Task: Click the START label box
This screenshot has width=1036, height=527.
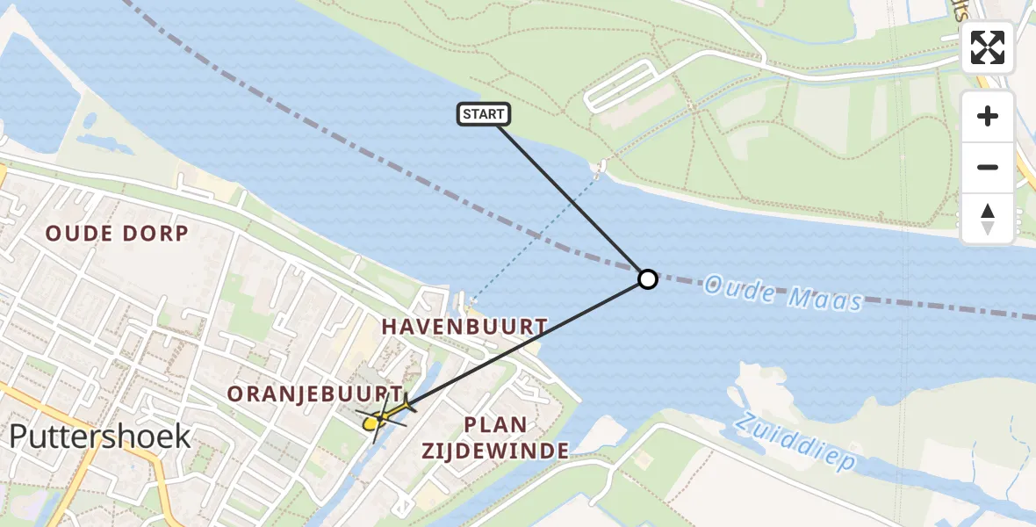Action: click(x=483, y=114)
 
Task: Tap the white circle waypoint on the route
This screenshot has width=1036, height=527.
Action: click(x=647, y=279)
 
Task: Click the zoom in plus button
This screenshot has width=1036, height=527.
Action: click(x=988, y=116)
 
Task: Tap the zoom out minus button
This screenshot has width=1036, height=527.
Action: click(x=988, y=167)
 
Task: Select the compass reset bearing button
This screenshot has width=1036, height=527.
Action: click(x=988, y=218)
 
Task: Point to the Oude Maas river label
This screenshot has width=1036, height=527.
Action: click(x=783, y=292)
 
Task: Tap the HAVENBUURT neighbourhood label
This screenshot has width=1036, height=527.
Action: click(x=464, y=327)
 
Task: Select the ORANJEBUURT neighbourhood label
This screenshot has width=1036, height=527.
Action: click(x=315, y=394)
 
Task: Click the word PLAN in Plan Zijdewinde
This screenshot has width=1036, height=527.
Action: click(x=495, y=425)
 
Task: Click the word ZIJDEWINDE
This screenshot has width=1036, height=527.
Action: click(x=495, y=451)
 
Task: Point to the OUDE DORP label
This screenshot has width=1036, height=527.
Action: click(x=117, y=234)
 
